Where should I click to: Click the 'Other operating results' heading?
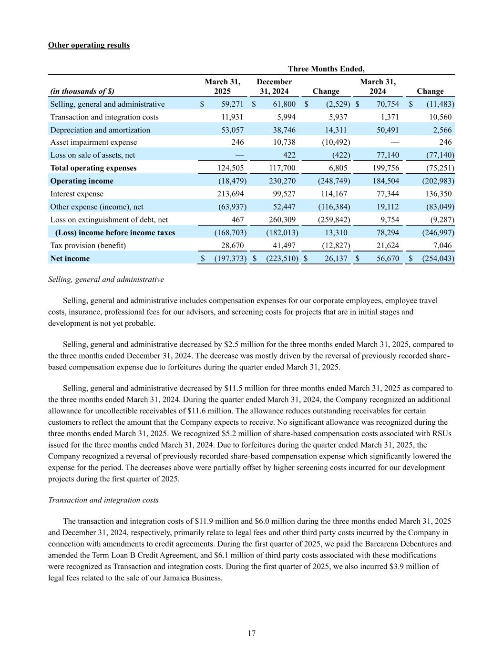point(89,45)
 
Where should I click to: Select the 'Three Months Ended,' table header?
point(326,69)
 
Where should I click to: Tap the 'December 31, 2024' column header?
point(274,86)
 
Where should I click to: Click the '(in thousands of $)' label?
point(82,91)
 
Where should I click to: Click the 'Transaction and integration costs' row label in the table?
point(104,117)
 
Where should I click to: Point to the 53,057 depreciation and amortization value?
point(232,130)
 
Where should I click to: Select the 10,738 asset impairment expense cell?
point(283,142)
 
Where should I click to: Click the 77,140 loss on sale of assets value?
point(387,155)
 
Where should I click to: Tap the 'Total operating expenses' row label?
point(93,168)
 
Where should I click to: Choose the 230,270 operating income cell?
point(281,181)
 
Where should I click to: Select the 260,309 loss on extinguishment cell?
point(281,220)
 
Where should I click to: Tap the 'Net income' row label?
point(70,259)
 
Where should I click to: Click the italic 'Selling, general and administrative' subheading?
point(106,280)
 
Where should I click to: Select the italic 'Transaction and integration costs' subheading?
point(103,500)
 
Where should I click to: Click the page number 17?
point(252,633)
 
